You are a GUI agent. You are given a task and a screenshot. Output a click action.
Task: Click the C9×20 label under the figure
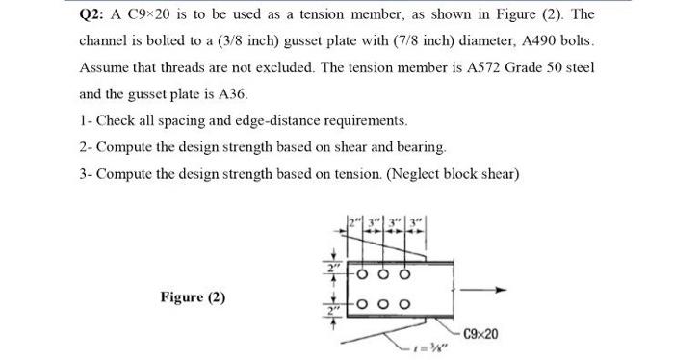(484, 334)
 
